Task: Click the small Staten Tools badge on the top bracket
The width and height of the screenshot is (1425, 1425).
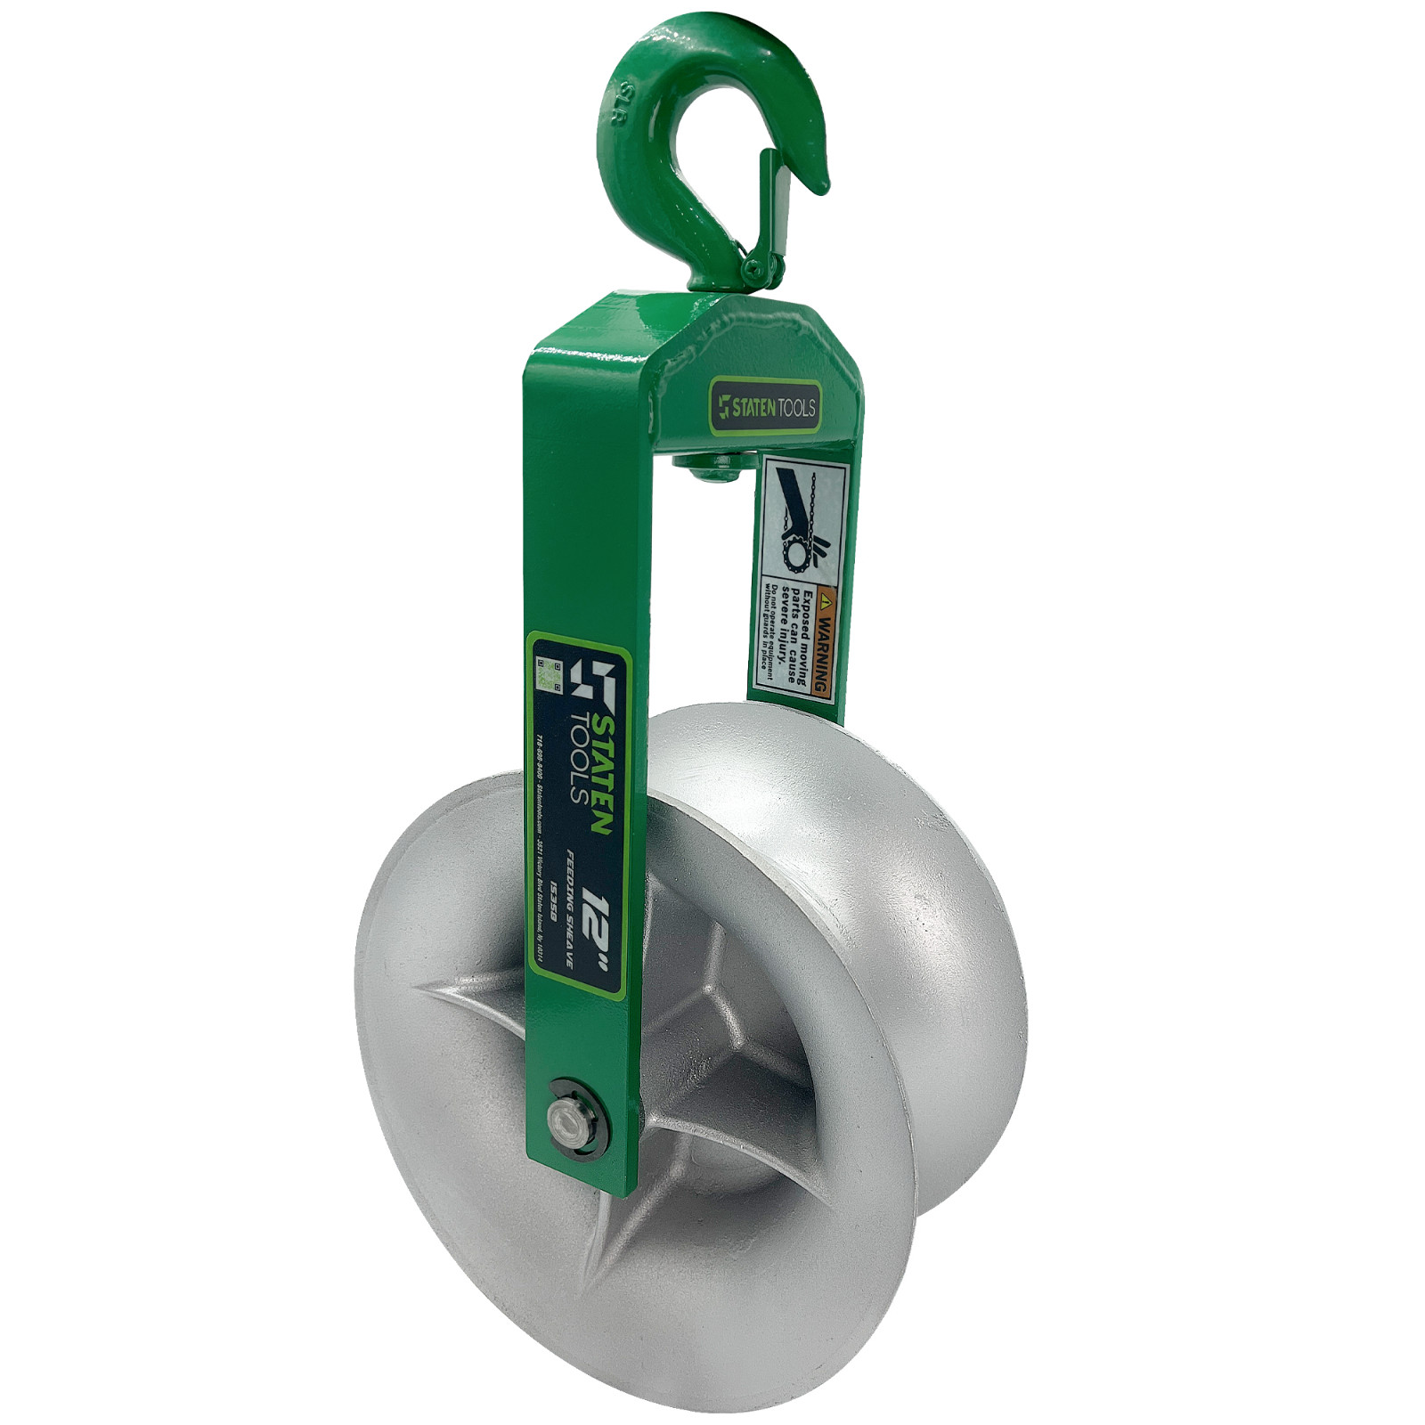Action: pos(765,407)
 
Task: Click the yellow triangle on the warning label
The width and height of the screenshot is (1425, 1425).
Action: pos(827,594)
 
